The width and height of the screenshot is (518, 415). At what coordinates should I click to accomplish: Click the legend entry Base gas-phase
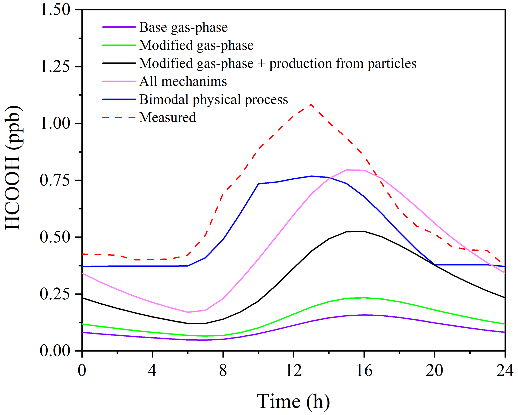pos(183,27)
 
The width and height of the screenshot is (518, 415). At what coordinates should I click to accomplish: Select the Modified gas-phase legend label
pos(196,45)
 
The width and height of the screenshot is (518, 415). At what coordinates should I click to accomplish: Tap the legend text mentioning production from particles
pos(278,63)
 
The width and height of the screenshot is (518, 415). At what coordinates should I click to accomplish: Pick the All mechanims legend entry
pos(183,81)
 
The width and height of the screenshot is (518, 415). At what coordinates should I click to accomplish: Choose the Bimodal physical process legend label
pos(214,99)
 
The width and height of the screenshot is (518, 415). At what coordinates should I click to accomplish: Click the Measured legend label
pos(167,117)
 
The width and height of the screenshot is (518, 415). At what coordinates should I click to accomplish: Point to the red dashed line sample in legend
pos(119,117)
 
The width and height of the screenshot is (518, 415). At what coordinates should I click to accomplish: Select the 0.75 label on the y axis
pos(55,180)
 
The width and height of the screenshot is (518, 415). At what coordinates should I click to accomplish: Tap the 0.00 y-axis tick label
pos(55,351)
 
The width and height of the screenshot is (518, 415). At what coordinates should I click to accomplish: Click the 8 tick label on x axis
pos(223,370)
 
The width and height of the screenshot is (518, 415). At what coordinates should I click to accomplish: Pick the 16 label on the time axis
pos(364,370)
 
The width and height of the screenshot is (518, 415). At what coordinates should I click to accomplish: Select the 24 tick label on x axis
pos(505,370)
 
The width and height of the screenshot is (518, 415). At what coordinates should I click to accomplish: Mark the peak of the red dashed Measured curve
pos(311,104)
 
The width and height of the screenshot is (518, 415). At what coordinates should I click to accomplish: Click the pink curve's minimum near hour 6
pos(188,312)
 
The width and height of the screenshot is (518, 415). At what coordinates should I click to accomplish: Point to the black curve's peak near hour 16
pos(363,231)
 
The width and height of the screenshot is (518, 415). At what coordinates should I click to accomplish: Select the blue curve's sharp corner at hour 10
pos(258,184)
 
